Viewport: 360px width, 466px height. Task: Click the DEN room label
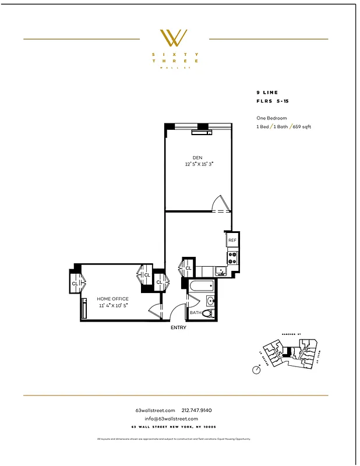click(198, 157)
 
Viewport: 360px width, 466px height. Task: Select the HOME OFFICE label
click(112, 299)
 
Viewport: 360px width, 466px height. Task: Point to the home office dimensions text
click(112, 305)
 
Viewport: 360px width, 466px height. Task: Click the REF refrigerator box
click(232, 240)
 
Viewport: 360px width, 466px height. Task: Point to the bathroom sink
click(210, 301)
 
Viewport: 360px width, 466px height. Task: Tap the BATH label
click(195, 313)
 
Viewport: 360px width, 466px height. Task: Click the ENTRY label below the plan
click(178, 328)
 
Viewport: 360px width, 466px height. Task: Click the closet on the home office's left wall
click(76, 283)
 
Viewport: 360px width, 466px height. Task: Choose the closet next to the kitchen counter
click(188, 268)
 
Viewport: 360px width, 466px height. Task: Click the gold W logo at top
click(174, 38)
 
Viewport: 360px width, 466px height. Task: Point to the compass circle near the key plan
click(257, 370)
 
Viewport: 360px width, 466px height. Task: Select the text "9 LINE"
click(267, 93)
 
